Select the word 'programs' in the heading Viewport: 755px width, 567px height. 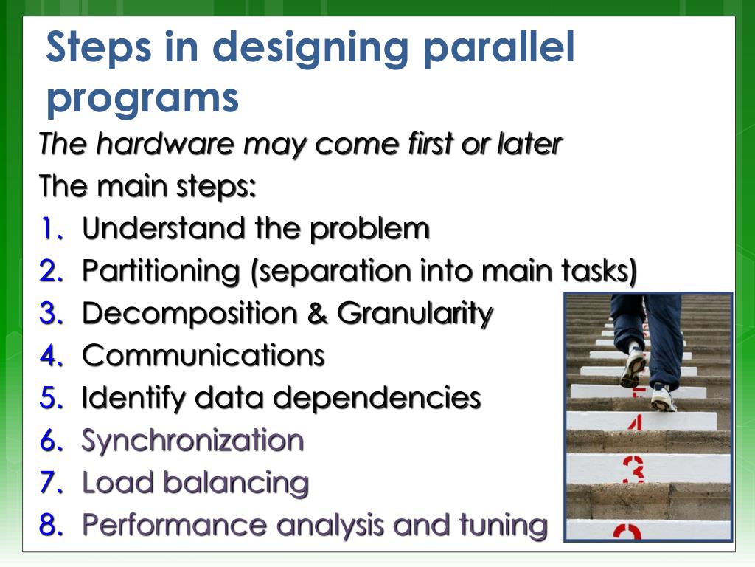(142, 97)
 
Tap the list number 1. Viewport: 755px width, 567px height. (51, 229)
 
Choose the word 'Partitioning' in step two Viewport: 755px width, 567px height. (161, 271)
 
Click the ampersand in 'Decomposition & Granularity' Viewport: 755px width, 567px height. (318, 314)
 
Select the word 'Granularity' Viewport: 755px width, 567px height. (415, 314)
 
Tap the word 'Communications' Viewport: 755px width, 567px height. (203, 356)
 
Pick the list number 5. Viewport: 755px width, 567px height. (51, 399)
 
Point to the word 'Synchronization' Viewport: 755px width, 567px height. (192, 441)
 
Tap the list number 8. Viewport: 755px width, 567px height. (51, 525)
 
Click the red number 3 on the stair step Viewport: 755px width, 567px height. (633, 468)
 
